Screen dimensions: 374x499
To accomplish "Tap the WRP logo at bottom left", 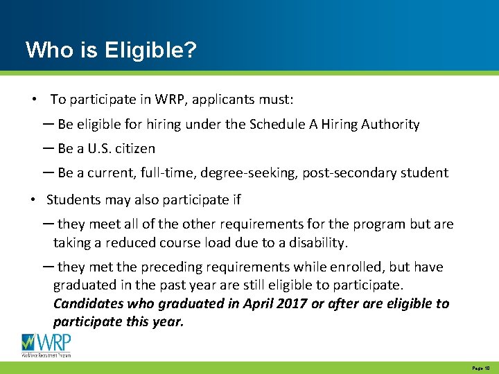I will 46,344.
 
